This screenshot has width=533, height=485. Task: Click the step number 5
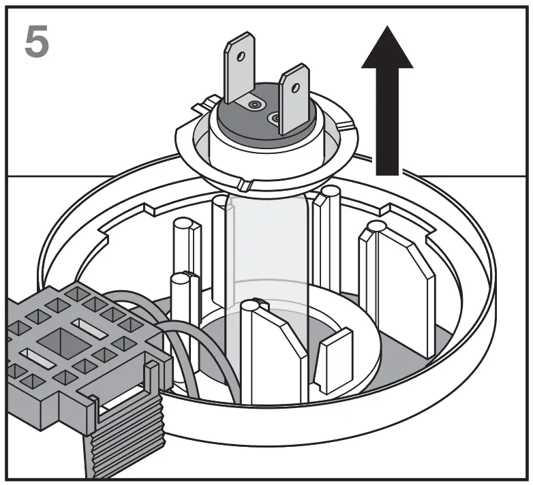point(37,41)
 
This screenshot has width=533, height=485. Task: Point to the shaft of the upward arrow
point(387,123)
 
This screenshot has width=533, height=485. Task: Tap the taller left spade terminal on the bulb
point(239,68)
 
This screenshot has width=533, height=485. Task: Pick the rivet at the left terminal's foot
point(255,105)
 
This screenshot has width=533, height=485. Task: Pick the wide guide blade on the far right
point(399,286)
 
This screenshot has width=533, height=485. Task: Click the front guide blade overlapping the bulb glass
point(273,354)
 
